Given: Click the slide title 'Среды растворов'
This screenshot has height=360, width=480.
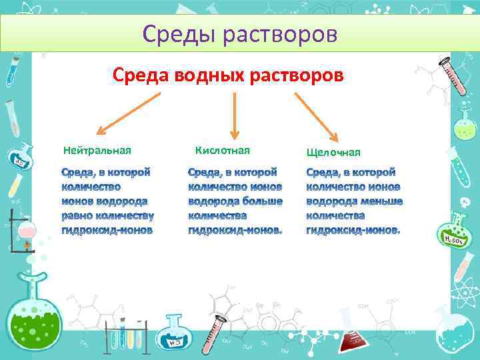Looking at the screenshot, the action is click(x=240, y=33).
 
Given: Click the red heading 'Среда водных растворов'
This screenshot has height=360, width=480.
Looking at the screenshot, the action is click(x=228, y=75).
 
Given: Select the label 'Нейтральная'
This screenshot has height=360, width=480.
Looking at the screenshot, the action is click(x=97, y=149).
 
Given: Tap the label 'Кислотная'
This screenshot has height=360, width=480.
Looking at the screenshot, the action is click(x=222, y=149).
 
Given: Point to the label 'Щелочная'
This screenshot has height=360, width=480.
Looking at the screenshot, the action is click(x=333, y=152).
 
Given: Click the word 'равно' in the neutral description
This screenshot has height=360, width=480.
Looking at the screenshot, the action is click(x=77, y=215).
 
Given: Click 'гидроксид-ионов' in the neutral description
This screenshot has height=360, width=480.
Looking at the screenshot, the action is click(x=107, y=230).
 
